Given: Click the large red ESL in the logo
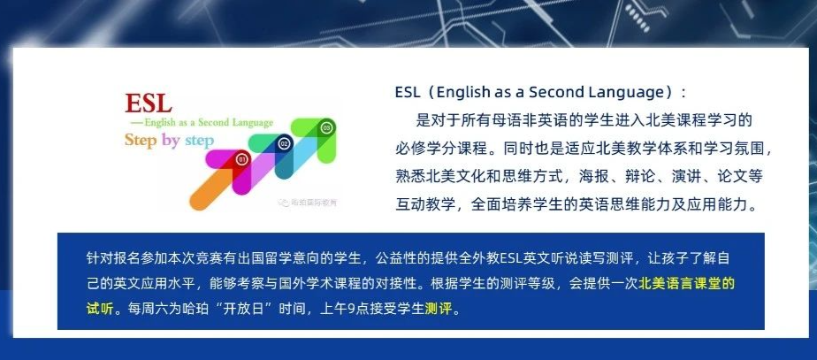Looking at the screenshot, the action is click(x=149, y=103).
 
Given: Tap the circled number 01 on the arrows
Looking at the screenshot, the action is click(x=241, y=159).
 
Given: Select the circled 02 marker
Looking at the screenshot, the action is click(x=284, y=143).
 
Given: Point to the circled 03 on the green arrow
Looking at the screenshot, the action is click(x=326, y=127).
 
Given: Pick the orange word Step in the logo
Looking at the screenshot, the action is click(x=141, y=140).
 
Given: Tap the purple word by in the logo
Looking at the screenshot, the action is click(x=171, y=141).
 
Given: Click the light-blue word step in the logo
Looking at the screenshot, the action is click(x=199, y=142).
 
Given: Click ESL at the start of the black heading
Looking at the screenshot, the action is click(x=408, y=93).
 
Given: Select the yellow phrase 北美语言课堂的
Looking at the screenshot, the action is click(x=686, y=284).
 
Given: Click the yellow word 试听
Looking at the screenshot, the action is click(x=100, y=309).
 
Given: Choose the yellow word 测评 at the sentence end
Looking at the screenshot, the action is click(x=439, y=309).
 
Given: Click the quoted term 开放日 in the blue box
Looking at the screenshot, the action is click(x=243, y=309).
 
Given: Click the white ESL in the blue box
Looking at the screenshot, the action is click(x=512, y=258).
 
